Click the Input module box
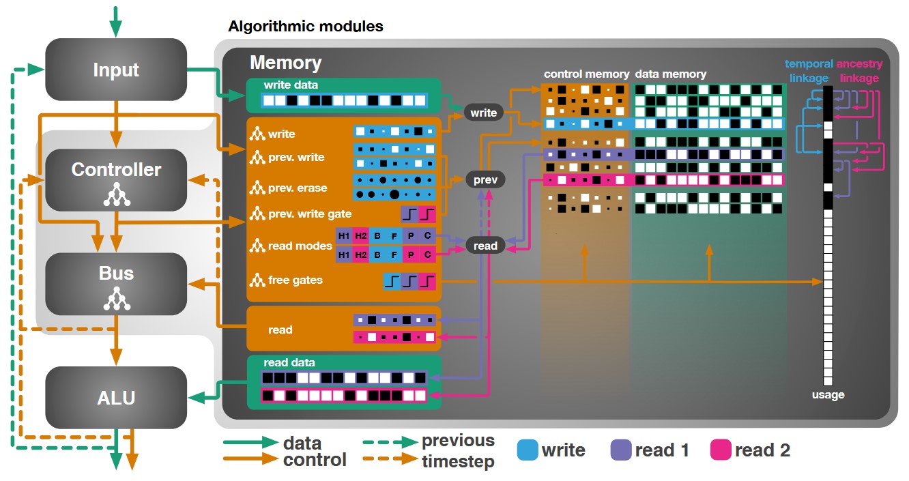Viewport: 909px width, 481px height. (x=116, y=70)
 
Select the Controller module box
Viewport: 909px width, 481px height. (x=116, y=179)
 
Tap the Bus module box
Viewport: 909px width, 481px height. (x=116, y=284)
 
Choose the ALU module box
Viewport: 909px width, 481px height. (x=116, y=398)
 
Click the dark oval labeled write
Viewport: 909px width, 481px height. (x=483, y=113)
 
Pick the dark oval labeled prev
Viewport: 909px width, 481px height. (x=485, y=179)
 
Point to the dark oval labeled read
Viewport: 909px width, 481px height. (x=485, y=246)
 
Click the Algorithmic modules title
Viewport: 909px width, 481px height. (x=306, y=27)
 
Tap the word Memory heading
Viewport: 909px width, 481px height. (x=286, y=63)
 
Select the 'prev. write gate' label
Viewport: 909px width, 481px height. (x=310, y=214)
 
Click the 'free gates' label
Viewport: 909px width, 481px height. (x=295, y=280)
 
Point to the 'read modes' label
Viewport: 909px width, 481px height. (x=300, y=246)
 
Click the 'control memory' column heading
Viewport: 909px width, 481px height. (x=586, y=74)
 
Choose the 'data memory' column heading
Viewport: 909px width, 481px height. (x=670, y=74)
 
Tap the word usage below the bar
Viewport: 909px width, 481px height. (x=828, y=394)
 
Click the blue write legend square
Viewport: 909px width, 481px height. (x=528, y=450)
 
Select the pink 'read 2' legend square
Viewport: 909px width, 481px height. (x=721, y=450)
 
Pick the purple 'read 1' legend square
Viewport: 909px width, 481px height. (x=621, y=450)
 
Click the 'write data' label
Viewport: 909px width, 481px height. (x=291, y=85)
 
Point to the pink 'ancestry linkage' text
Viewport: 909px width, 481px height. (x=859, y=70)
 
